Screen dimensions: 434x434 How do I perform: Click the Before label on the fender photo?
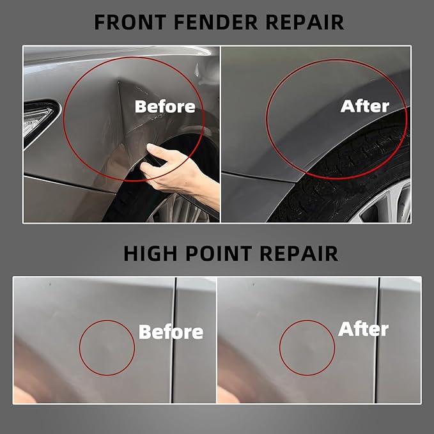tap(165, 106)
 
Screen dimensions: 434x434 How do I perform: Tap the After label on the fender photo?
tap(365, 106)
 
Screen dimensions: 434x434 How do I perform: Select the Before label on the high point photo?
tap(171, 332)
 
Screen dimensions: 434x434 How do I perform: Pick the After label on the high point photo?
tap(363, 329)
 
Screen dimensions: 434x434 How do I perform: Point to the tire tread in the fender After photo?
tap(358, 160)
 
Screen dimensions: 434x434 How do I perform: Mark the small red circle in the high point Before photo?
tap(107, 348)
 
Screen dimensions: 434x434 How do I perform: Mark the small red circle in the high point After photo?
tap(307, 348)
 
